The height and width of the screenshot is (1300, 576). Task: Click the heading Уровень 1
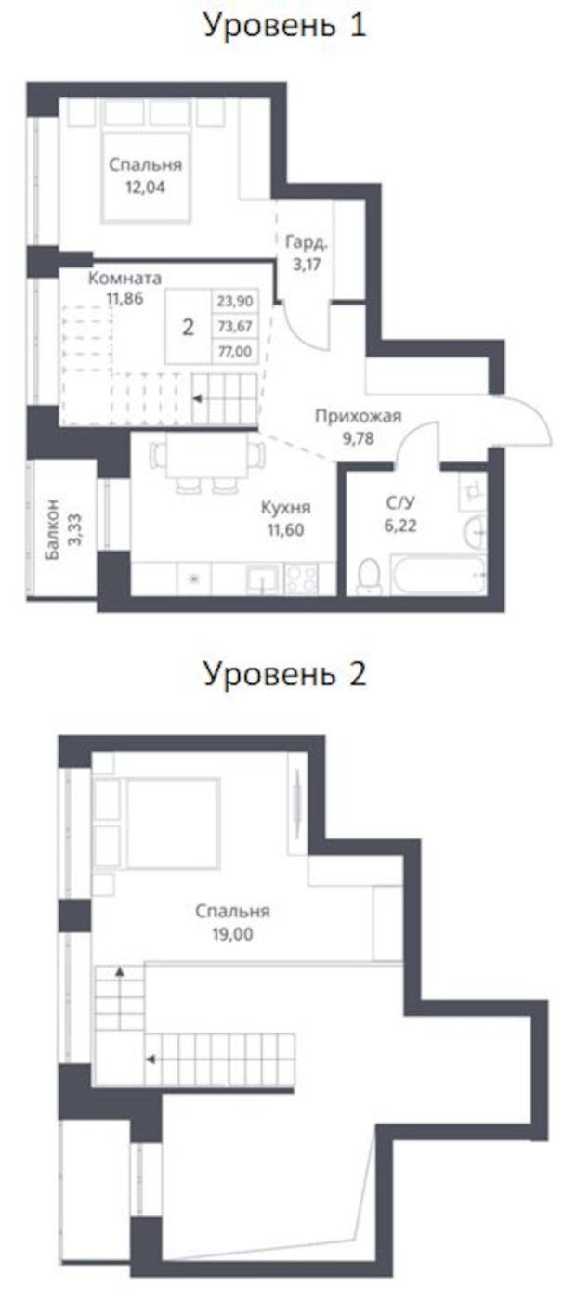coord(285,25)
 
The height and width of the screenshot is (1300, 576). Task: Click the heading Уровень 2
coord(285,673)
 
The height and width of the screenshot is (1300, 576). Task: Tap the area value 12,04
coord(145,186)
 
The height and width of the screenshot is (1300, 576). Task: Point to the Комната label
coord(124,278)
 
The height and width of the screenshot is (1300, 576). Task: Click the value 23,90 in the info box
coord(235,301)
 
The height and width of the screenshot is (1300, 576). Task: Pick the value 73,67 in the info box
coord(235,326)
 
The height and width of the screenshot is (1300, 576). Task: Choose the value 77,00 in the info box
coord(235,351)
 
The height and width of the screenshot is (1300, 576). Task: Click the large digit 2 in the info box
coord(188,327)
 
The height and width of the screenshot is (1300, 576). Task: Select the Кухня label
coord(284,508)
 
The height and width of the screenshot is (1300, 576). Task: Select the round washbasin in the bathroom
coord(473,530)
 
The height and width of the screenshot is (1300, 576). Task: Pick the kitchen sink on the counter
coord(262,579)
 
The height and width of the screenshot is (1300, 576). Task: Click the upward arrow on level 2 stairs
coord(121,971)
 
